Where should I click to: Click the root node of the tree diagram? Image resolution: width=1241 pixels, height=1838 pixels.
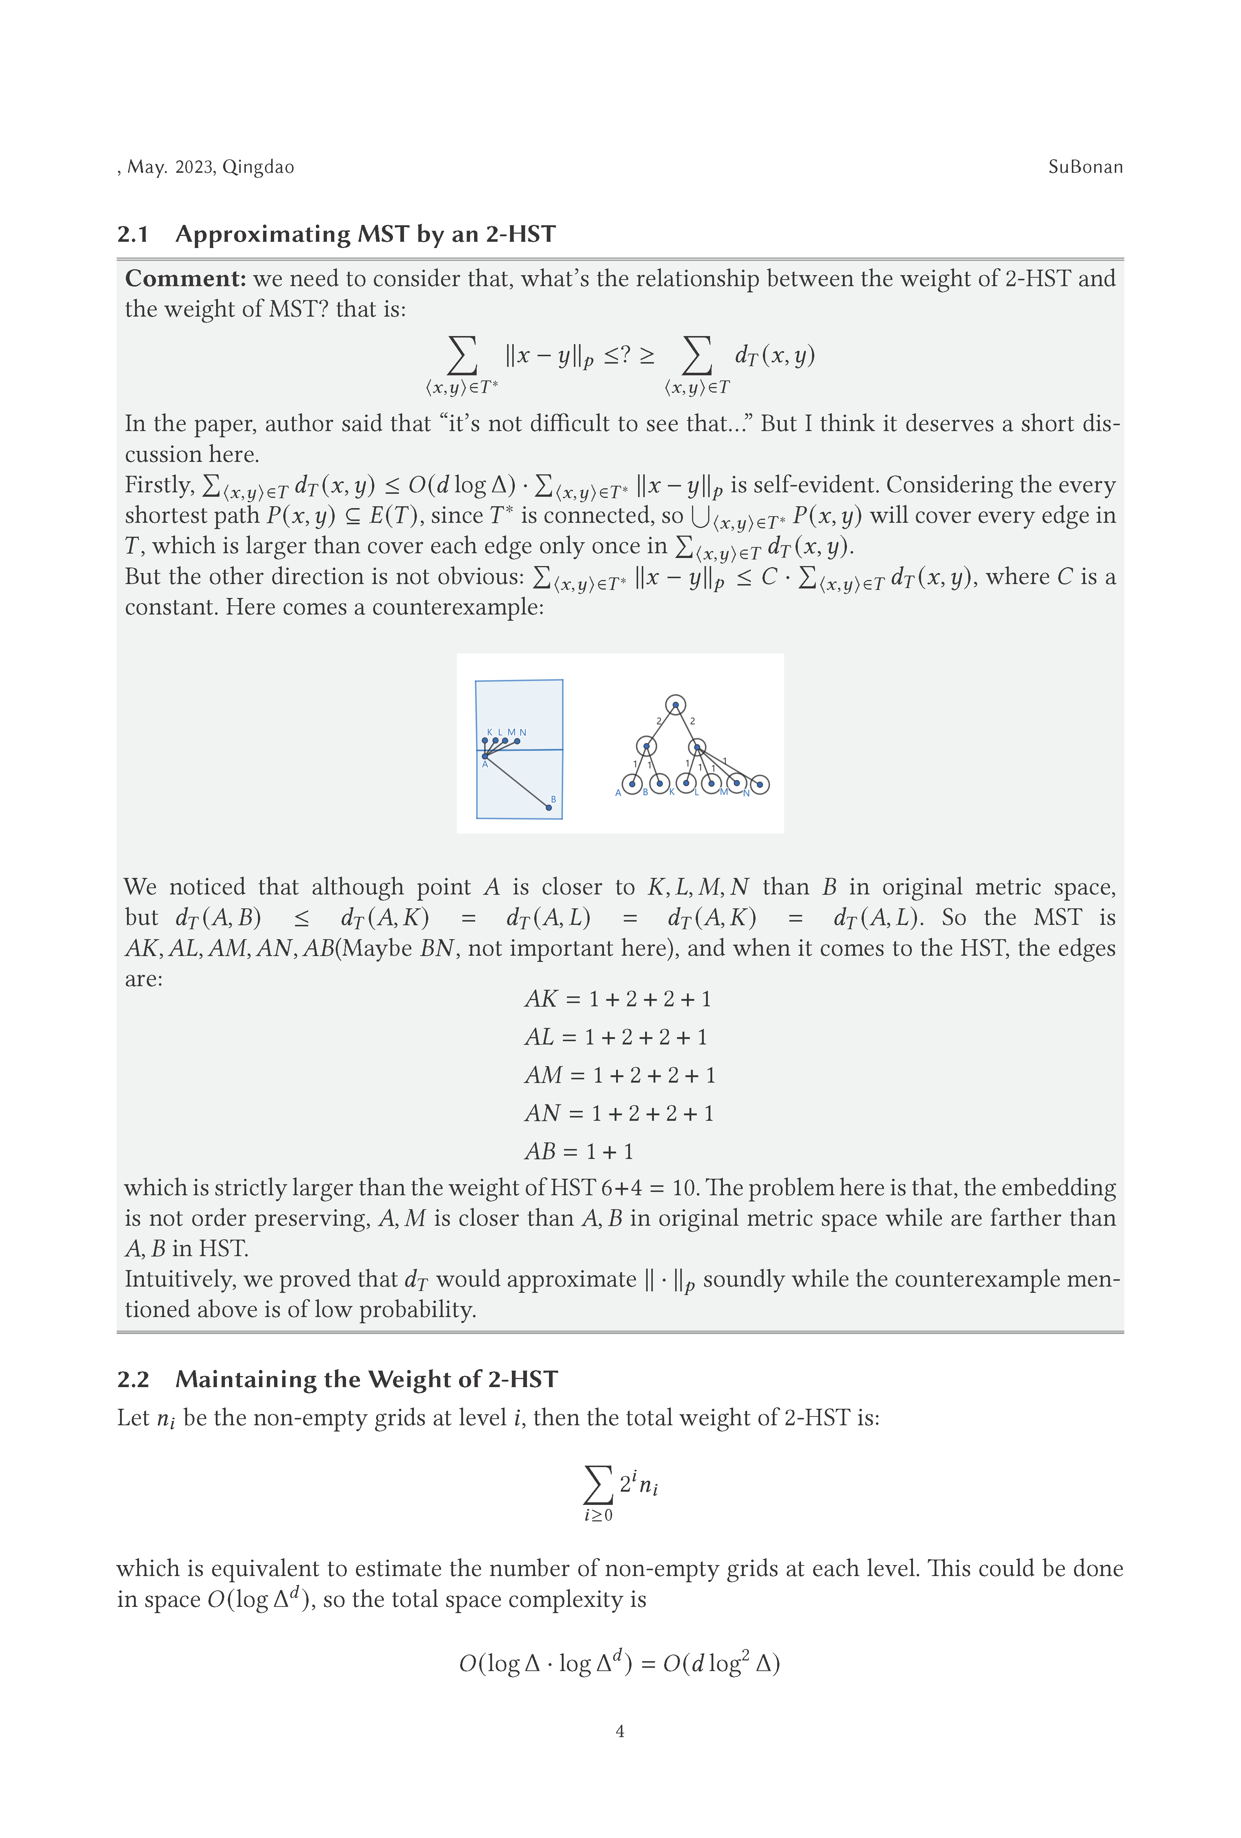click(x=675, y=704)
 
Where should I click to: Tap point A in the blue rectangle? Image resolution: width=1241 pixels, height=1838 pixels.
click(x=485, y=756)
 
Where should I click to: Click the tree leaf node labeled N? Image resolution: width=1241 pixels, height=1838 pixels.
click(x=759, y=785)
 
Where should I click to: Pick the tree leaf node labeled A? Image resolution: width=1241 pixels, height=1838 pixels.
click(x=632, y=784)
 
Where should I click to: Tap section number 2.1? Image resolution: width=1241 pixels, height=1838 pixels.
click(x=133, y=234)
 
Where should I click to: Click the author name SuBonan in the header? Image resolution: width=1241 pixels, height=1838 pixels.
click(x=1085, y=167)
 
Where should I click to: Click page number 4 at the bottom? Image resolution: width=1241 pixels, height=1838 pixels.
click(x=620, y=1731)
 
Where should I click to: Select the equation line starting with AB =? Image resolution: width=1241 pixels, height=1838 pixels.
click(x=579, y=1152)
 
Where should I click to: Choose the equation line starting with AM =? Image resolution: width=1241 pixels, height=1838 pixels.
click(x=619, y=1076)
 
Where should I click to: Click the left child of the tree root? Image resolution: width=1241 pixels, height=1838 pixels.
click(x=646, y=746)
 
